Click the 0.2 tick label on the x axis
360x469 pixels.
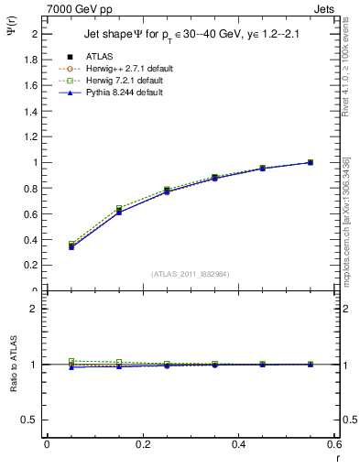click(x=142, y=444)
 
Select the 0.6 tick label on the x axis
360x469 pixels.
click(x=334, y=444)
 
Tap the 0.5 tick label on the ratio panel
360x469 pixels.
click(x=29, y=420)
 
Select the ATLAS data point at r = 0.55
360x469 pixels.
click(x=311, y=162)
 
